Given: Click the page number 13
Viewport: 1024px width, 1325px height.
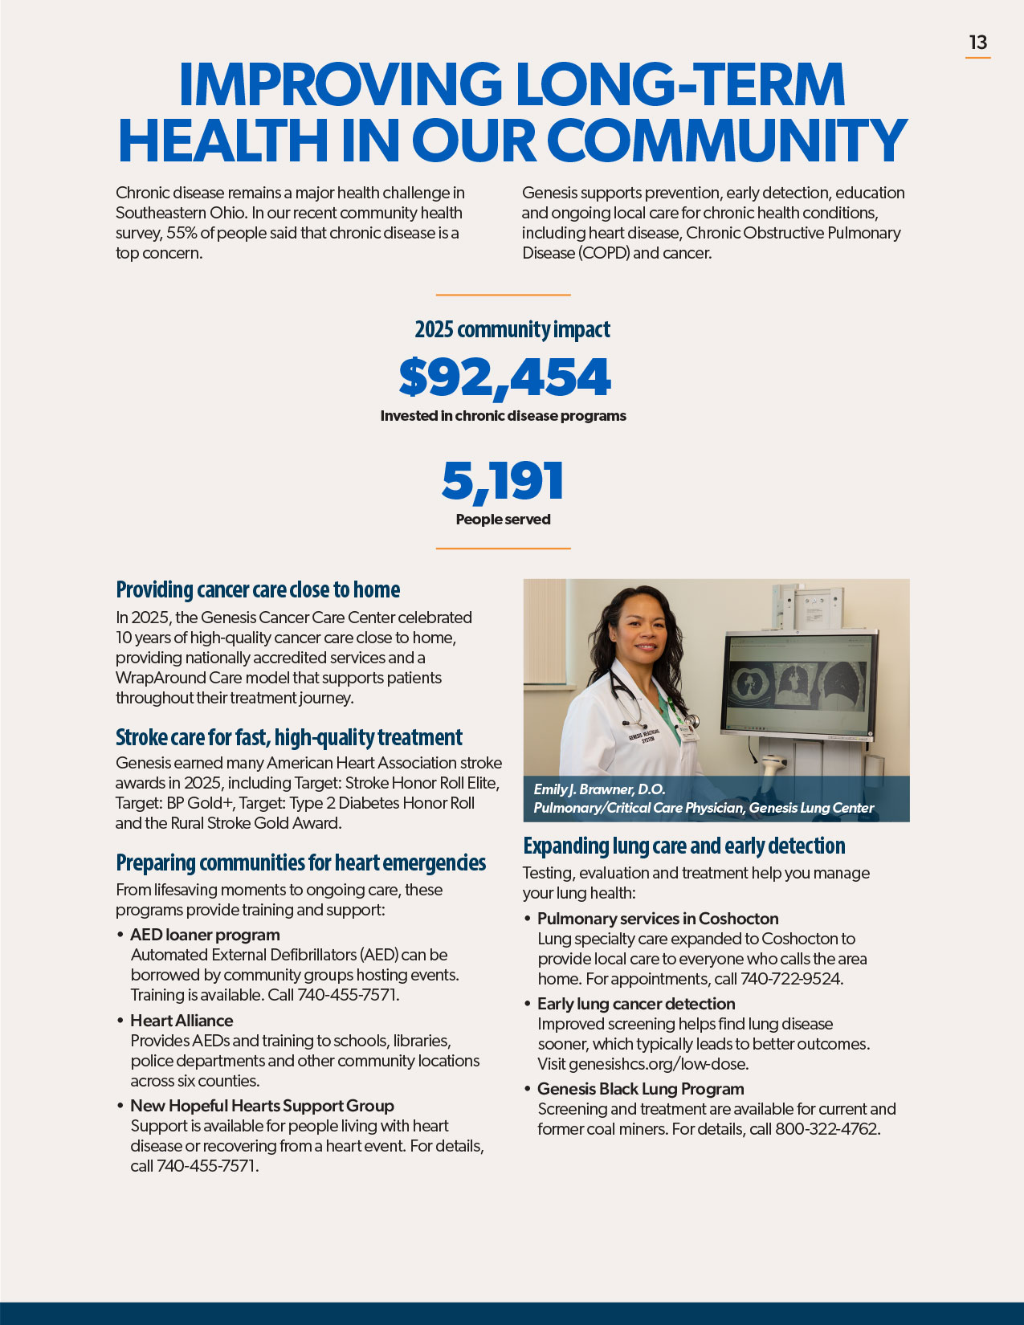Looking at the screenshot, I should [977, 43].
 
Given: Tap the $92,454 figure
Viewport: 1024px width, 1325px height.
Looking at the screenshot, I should [504, 377].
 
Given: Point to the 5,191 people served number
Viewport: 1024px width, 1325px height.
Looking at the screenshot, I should [503, 481].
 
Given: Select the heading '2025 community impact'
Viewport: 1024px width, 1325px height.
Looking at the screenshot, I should [512, 329].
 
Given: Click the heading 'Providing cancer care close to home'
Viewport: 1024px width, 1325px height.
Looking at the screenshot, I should [258, 589].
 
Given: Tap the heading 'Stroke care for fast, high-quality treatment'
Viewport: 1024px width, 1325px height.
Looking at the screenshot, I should [288, 737].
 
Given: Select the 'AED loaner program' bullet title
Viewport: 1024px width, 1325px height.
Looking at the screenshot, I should [205, 935].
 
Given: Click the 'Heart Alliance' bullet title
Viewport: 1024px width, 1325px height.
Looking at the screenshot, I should [182, 1021].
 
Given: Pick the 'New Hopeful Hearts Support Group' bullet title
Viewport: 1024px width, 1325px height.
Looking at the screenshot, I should [262, 1106].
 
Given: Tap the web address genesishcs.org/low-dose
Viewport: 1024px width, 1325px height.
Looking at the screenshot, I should [658, 1064].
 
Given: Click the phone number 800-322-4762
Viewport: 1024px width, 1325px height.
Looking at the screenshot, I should [826, 1129].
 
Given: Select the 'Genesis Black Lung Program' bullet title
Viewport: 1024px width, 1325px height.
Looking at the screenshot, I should [640, 1089].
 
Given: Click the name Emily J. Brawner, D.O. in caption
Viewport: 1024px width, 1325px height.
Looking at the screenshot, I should [599, 789].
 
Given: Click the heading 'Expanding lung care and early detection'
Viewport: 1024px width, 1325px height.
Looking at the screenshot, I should [683, 846].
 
